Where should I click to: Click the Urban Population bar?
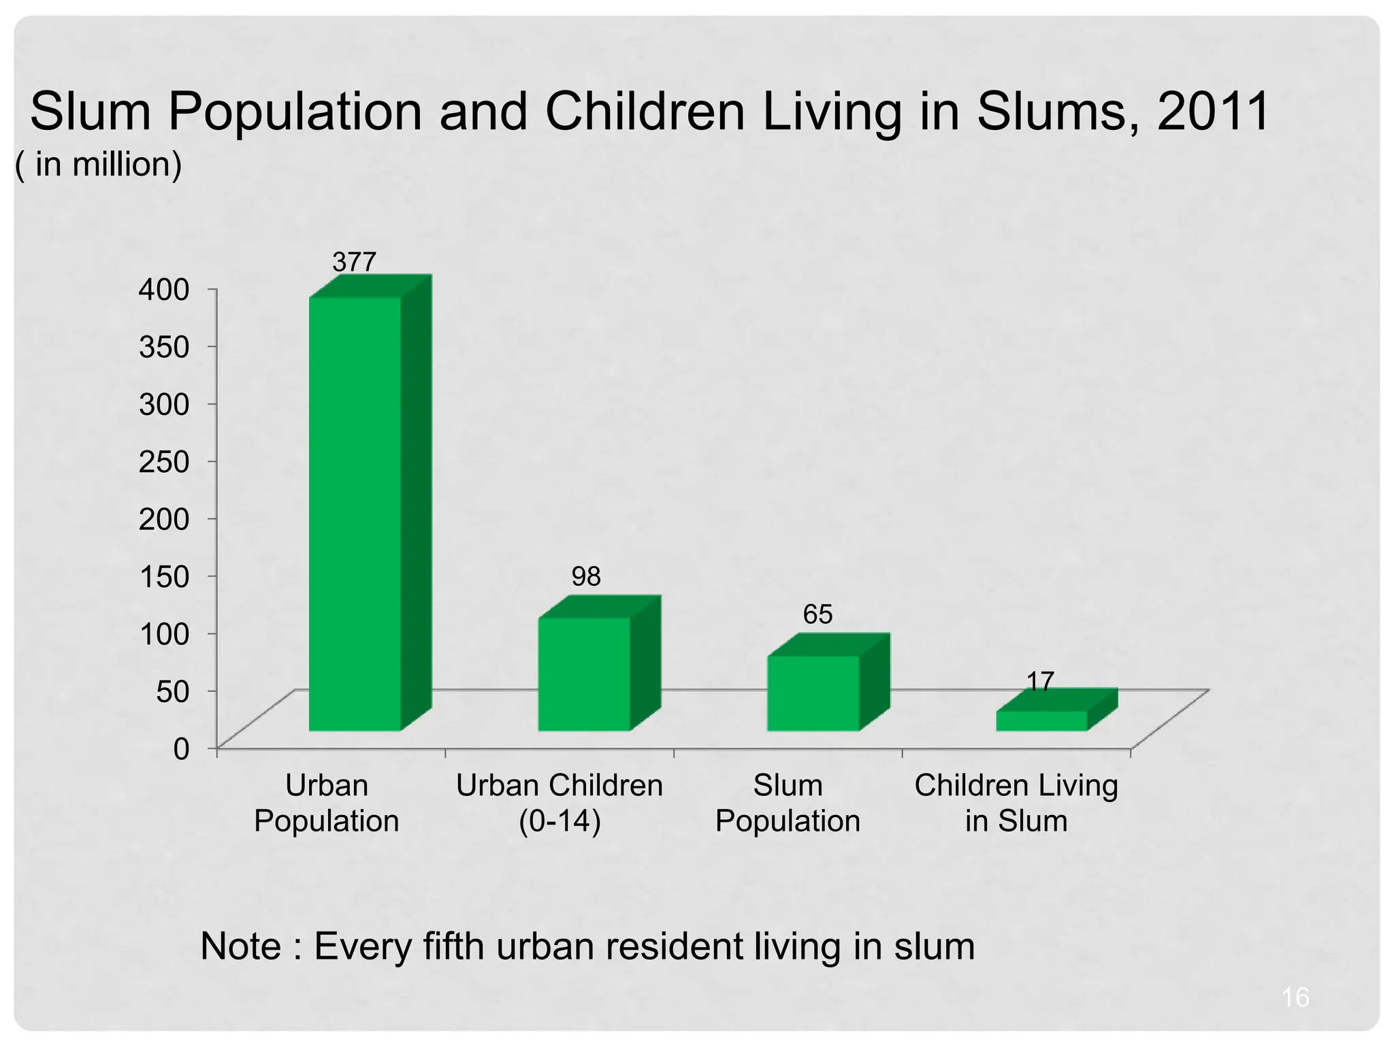[355, 514]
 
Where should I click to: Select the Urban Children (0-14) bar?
[584, 674]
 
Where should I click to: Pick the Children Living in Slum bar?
[1041, 721]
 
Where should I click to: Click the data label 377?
[354, 262]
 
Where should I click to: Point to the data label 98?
[586, 577]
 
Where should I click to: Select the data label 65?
[817, 614]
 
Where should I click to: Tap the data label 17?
[1040, 681]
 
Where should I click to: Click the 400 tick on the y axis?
[163, 290]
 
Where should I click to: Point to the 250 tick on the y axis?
[163, 462]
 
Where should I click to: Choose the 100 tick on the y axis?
[163, 634]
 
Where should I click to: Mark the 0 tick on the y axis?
[181, 749]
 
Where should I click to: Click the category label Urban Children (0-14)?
[559, 803]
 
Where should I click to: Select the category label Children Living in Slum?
[1016, 803]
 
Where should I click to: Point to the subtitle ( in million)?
[99, 165]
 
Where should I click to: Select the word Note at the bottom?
[240, 946]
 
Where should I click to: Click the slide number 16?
[1295, 997]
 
